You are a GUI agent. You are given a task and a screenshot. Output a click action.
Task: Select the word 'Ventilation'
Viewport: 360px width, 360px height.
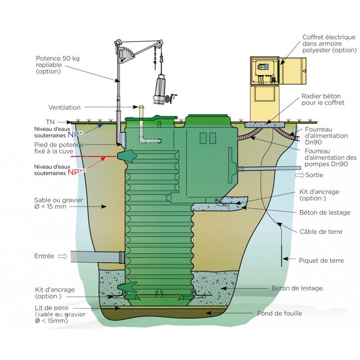pos(64,108)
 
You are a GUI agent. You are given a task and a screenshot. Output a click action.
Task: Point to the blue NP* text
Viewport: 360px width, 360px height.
pos(76,135)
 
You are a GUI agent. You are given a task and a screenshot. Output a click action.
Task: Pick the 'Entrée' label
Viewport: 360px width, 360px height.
pos(44,256)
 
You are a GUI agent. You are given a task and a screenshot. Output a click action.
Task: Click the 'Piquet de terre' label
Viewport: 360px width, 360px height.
pos(321,260)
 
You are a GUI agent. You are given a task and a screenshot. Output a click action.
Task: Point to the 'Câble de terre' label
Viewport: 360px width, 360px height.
pos(321,232)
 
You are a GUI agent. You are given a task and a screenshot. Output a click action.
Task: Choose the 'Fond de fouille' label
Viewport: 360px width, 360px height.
pos(279,313)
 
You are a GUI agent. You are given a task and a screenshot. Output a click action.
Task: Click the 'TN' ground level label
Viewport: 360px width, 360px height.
pos(50,122)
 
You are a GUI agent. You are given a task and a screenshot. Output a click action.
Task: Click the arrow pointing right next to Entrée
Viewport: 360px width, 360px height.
pos(62,256)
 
